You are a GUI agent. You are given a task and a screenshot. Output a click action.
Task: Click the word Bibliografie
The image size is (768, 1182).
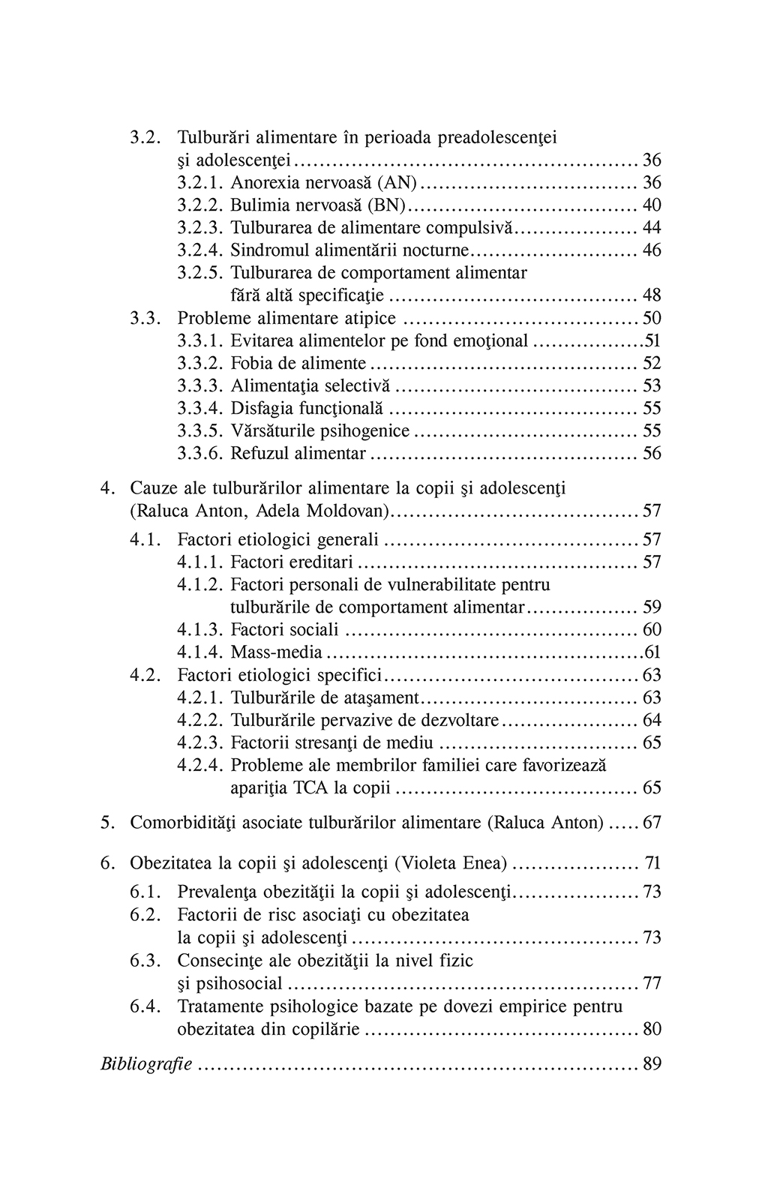tap(146, 1063)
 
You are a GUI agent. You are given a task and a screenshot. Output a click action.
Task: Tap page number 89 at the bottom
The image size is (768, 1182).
tap(652, 1063)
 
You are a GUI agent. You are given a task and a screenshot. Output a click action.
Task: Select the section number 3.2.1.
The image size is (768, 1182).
tap(201, 182)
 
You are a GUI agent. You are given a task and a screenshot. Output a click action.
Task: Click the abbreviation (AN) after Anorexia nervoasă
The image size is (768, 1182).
tap(397, 182)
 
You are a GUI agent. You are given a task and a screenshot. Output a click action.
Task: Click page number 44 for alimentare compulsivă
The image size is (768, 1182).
tap(652, 227)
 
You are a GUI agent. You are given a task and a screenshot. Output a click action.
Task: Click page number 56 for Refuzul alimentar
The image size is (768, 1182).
tap(652, 454)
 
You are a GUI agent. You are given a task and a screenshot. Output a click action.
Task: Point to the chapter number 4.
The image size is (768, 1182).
tap(107, 488)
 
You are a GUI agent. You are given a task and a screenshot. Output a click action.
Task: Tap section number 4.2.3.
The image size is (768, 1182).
tap(201, 742)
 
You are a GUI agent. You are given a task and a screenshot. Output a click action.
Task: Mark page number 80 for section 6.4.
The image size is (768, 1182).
tap(652, 1028)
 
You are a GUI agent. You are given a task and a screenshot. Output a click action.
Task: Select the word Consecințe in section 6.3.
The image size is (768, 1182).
tap(217, 960)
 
